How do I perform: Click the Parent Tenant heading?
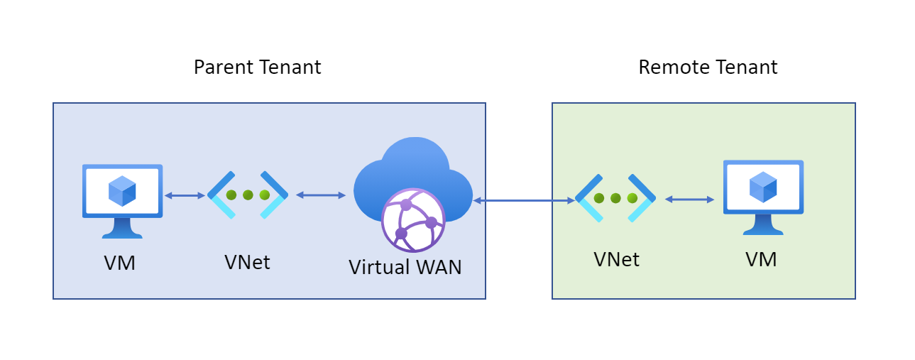[257, 67]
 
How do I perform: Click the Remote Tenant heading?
[708, 67]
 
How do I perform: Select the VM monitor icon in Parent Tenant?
[122, 200]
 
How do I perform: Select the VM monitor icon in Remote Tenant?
[763, 196]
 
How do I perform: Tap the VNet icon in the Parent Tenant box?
[248, 195]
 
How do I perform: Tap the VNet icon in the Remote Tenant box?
[615, 198]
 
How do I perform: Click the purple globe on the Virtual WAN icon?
[412, 220]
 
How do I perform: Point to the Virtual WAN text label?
[405, 267]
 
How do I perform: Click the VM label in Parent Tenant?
[120, 263]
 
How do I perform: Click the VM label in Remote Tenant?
[761, 260]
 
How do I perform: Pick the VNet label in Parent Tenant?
[247, 262]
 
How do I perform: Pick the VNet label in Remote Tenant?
[616, 260]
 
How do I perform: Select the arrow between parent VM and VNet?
[185, 195]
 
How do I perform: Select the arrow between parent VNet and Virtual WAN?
[320, 195]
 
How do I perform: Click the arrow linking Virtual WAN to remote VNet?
[524, 201]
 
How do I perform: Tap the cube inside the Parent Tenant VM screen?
[122, 191]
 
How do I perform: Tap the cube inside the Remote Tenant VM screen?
[763, 187]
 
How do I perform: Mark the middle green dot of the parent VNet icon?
[248, 195]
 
